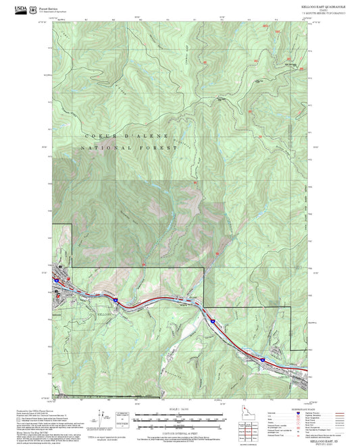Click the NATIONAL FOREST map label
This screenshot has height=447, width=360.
[x=128, y=147]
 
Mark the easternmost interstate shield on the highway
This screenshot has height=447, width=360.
[x=262, y=361]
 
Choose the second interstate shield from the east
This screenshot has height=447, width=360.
[x=211, y=321]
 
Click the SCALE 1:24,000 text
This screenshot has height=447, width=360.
[x=179, y=409]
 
